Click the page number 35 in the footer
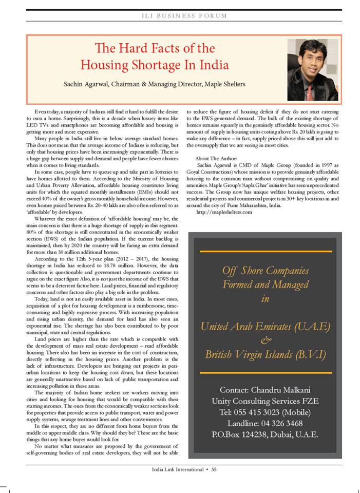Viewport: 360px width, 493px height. point(215,469)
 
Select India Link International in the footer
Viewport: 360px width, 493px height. point(177,469)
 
